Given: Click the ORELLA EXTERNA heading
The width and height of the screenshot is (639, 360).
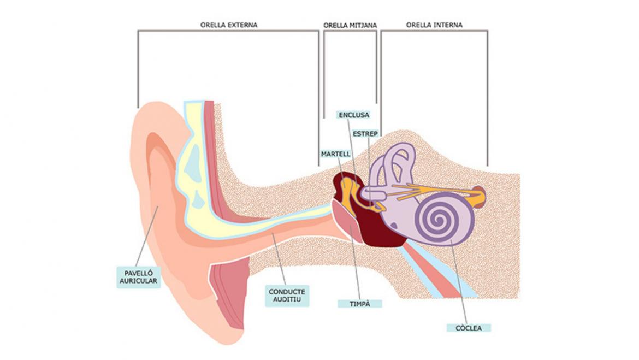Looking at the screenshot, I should pos(228,25).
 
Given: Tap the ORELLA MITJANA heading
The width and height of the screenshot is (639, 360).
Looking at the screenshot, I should pos(350,25).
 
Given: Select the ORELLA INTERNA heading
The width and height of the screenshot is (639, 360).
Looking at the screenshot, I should pos(434,25).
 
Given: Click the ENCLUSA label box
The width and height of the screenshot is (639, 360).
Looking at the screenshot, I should pos(354,115).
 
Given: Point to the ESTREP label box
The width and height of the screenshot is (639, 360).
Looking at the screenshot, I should pos(365,133).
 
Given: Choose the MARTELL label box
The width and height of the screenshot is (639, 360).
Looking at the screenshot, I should pos(335,154).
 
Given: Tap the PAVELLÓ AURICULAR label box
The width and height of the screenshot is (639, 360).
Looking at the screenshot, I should pos(139,276).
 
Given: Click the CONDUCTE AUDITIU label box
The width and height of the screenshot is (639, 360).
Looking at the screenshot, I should pos(287,296).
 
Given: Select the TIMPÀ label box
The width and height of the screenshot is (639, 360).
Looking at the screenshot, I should pos(359,303).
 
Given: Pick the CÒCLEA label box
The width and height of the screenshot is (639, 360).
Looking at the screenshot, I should pos(468,328).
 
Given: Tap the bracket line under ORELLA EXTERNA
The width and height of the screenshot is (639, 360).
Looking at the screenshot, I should pos(228,31).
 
